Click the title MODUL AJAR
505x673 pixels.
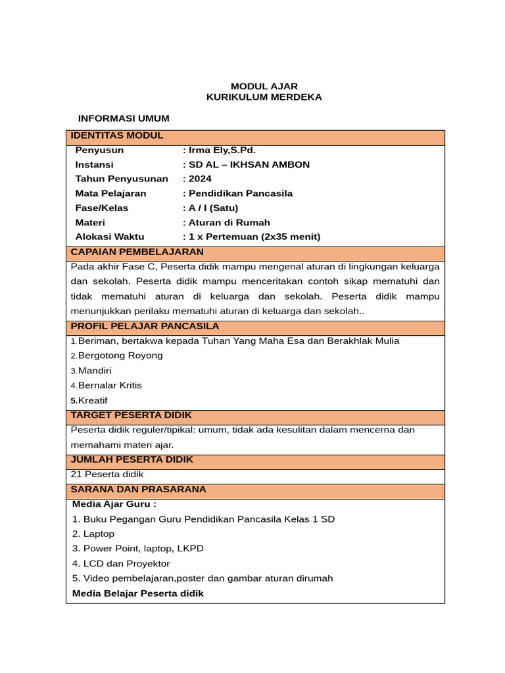point(264,86)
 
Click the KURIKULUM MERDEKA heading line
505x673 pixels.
point(264,97)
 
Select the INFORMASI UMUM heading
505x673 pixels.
point(124,118)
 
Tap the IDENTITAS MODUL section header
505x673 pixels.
point(117,135)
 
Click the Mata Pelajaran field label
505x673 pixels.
point(110,193)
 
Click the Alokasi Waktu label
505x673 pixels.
point(109,237)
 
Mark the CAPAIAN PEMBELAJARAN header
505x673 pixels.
point(137,252)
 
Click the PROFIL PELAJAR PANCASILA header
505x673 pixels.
point(145,326)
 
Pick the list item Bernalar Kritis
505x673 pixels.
point(109,385)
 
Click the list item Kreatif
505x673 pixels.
point(92,400)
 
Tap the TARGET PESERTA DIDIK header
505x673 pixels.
point(131,415)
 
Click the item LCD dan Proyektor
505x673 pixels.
point(121,563)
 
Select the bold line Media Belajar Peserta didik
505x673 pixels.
point(138,593)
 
